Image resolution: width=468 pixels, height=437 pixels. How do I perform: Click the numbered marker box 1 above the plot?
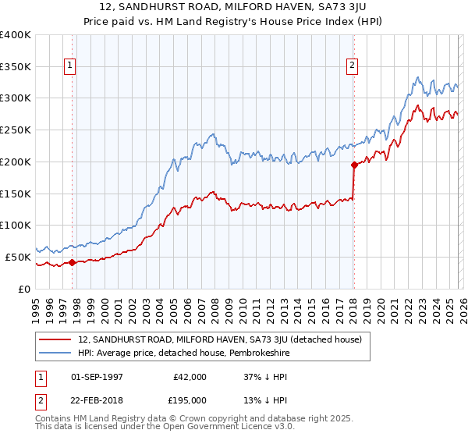[x=71, y=66]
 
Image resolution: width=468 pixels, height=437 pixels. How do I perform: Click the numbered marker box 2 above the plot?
[x=353, y=66]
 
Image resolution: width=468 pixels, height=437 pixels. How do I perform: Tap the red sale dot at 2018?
[x=353, y=165]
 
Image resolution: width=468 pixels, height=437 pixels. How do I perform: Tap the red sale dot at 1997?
[x=72, y=262]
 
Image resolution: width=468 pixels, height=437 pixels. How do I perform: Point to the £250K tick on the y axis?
[x=16, y=130]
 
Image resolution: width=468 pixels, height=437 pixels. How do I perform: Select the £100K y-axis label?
[x=16, y=226]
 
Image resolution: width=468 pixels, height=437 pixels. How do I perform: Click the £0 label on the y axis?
[x=24, y=289]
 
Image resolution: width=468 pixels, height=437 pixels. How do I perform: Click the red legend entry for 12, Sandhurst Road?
[x=219, y=339]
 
